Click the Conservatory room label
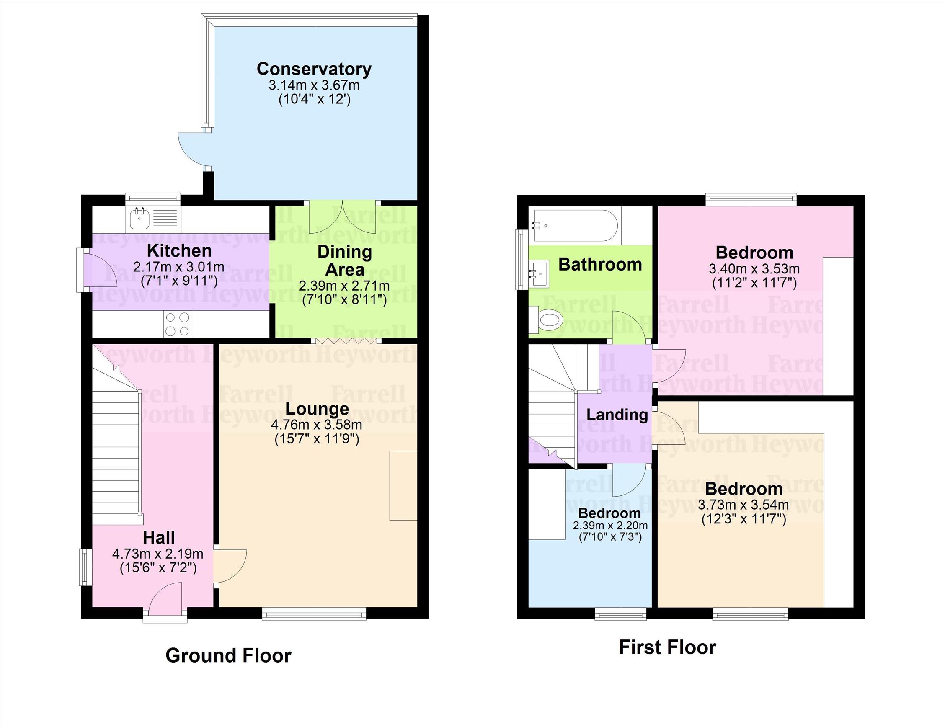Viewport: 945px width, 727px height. pos(314,69)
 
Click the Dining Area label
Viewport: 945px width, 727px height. pos(344,261)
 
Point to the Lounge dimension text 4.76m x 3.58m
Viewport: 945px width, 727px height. pos(317,425)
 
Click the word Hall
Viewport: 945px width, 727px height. pos(159,538)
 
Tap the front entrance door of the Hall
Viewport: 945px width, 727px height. pos(165,598)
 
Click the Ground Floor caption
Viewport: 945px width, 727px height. pos(228,655)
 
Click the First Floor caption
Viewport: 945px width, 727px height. pos(668,647)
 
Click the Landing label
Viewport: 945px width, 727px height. pos(617,414)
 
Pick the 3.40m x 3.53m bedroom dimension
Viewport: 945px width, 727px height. pos(754,269)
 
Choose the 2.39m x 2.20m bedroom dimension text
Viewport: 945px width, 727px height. pos(610,526)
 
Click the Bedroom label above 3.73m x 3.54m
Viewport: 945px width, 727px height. pos(744,489)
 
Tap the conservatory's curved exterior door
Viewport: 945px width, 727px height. pos(194,149)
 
